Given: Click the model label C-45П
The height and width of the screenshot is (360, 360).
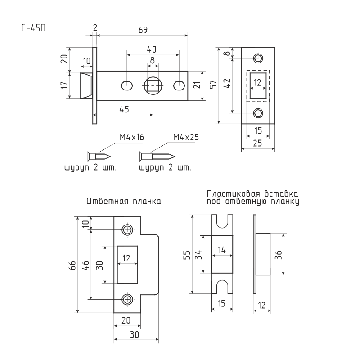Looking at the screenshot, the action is pos(33,28).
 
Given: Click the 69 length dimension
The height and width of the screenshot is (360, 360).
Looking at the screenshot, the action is pos(143,30).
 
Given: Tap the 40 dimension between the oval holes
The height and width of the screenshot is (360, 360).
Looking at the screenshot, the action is pos(152,49).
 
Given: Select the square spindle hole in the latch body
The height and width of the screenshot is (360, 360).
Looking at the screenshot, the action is pos(153,85).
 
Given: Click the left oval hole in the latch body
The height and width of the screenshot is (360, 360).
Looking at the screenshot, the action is pos(127,86).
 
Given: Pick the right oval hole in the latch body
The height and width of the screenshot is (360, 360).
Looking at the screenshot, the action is pos(179,86).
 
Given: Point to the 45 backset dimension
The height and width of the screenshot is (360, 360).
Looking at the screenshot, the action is pos(124,109).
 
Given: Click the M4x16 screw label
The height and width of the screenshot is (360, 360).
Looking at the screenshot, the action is pos(132,137).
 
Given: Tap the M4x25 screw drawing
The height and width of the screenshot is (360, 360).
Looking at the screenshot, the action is pos(157,157).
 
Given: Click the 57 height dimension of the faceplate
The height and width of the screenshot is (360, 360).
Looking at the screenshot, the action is pos(213,85).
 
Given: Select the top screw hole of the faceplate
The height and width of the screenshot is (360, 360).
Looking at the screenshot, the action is pos(258,58).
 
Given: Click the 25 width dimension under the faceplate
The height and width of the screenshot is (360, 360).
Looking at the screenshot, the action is pos(257,143).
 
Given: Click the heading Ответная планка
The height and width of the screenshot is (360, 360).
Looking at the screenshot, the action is pos(124,201).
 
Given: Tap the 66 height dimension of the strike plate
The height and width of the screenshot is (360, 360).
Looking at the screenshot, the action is pos(72,265).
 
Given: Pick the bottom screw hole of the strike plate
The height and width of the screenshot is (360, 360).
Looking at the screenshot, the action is pos(127,299).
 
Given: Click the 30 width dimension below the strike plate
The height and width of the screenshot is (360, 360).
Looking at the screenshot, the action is pos(135,335).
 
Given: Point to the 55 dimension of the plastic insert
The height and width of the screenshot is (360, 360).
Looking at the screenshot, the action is pos(187,255).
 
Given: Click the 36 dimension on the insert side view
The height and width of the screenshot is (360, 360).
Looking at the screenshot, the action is pos(278,255).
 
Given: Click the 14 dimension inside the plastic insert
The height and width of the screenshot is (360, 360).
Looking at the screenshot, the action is pos(222,250).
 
